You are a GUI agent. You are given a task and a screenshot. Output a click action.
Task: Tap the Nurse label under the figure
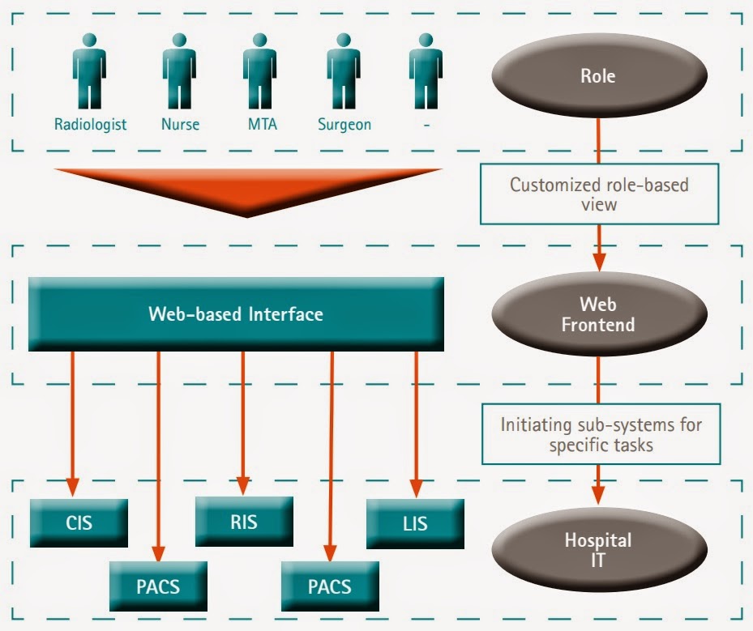179,125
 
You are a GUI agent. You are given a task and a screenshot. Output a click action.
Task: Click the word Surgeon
344,125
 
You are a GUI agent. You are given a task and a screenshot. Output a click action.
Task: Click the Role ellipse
598,77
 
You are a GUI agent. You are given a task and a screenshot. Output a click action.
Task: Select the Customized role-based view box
599,194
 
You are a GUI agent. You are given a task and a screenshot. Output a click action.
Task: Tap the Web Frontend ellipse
598,315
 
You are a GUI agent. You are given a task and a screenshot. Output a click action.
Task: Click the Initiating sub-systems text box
601,434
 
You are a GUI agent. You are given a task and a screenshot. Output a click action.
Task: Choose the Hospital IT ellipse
598,551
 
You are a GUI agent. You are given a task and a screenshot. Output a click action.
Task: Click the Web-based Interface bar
235,314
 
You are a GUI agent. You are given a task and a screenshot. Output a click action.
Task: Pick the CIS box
79,522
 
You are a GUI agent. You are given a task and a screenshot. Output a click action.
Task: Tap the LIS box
414,522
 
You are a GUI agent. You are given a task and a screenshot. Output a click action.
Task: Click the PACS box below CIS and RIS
158,585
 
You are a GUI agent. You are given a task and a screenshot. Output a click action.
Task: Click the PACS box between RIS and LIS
330,585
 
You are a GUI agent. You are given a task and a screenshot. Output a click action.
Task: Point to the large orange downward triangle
247,189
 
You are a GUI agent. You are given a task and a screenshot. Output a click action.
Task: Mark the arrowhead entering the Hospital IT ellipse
599,494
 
